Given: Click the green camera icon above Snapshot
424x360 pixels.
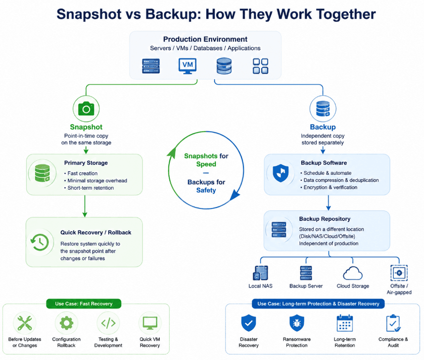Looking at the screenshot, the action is point(86,109).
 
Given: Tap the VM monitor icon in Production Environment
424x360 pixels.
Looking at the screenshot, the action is point(188,66).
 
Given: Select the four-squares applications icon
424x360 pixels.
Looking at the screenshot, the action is point(260,66).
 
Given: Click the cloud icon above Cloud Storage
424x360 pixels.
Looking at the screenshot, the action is point(353,273).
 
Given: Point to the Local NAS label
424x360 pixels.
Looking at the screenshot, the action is point(260,286).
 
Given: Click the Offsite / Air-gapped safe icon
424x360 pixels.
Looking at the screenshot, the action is point(399,273).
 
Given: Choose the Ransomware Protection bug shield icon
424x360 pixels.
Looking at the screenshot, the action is point(297,323).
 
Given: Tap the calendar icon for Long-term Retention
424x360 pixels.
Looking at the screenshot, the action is point(344,323).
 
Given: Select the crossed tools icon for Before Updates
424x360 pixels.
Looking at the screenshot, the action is point(25,323).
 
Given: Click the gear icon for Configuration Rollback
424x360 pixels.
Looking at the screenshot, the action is point(66,323).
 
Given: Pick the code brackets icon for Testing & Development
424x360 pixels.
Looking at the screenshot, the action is point(108,323).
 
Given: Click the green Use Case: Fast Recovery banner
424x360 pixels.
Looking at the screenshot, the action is point(84,304).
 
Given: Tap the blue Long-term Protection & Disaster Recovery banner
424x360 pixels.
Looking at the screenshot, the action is point(318,304).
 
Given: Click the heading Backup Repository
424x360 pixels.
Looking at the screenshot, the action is point(325,219).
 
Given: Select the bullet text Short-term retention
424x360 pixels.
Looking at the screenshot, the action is point(91,188).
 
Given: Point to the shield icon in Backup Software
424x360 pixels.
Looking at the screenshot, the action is point(281,173).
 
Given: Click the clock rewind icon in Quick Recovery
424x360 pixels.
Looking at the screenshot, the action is point(40,242).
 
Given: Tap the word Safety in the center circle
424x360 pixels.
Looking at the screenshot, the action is point(206,190).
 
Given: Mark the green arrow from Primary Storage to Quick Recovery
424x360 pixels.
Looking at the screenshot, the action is point(85,206).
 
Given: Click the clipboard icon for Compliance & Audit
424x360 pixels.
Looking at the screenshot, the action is point(393,323).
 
